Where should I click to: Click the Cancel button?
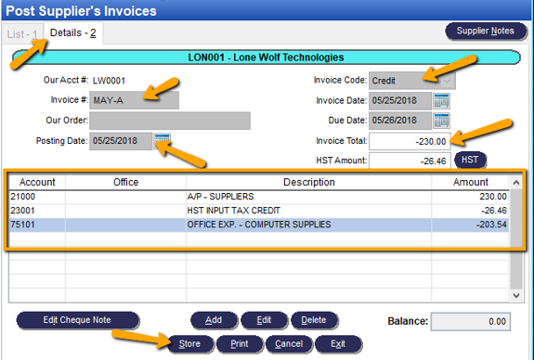[x=289, y=344]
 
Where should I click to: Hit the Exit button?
[x=337, y=344]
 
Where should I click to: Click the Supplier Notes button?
[x=485, y=31]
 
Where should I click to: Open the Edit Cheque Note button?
[x=77, y=320]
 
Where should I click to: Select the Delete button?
[x=314, y=320]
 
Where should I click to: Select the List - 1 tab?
[x=21, y=33]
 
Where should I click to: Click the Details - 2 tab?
[x=73, y=33]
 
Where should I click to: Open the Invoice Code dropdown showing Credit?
[x=412, y=81]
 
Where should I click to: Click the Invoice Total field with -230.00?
[x=410, y=141]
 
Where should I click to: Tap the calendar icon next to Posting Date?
[x=163, y=140]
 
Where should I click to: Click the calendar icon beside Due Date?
[x=441, y=120]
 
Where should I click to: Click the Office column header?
[x=125, y=183]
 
